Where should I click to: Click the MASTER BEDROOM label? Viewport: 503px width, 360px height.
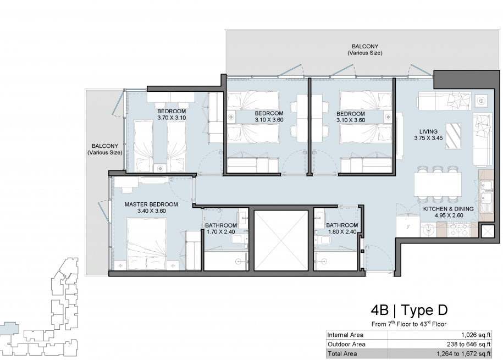pyautogui.click(x=151, y=204)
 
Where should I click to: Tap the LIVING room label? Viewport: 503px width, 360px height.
pyautogui.click(x=428, y=131)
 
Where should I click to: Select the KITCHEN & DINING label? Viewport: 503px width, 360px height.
pyautogui.click(x=449, y=209)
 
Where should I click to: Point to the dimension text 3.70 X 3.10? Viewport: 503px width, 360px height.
pyautogui.click(x=172, y=118)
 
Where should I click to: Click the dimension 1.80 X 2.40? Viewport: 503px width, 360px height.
pyautogui.click(x=342, y=231)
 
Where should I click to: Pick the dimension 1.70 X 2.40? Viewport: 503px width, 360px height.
pyautogui.click(x=220, y=231)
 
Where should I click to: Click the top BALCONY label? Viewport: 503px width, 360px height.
pyautogui.click(x=365, y=47)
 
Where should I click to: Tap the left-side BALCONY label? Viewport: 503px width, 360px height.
pyautogui.click(x=105, y=146)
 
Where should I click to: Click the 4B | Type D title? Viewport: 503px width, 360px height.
pyautogui.click(x=409, y=311)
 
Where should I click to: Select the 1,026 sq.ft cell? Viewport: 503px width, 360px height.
pyautogui.click(x=476, y=335)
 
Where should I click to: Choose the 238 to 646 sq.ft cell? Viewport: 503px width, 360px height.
pyautogui.click(x=469, y=344)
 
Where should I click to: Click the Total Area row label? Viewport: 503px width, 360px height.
pyautogui.click(x=342, y=354)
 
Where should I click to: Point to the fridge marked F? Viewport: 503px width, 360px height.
pyautogui.click(x=408, y=226)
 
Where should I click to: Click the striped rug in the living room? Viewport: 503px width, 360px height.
pyautogui.click(x=453, y=136)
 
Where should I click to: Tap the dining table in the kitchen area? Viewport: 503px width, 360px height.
pyautogui.click(x=438, y=185)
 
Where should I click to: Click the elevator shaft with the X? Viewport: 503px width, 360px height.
pyautogui.click(x=281, y=240)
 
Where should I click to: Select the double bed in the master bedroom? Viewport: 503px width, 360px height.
pyautogui.click(x=147, y=243)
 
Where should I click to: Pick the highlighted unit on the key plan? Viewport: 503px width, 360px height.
pyautogui.click(x=9, y=328)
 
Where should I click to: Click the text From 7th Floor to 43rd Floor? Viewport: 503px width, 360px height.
pyautogui.click(x=409, y=324)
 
